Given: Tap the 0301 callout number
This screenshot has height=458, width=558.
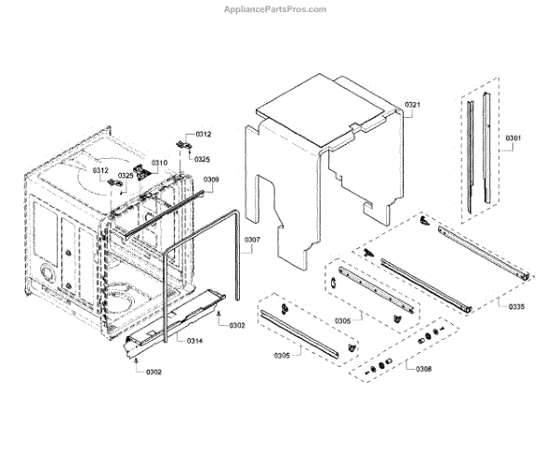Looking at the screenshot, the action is click(x=512, y=139).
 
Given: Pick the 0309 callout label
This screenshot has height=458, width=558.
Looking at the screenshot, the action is click(x=211, y=179).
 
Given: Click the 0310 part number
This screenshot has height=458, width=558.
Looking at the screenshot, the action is click(x=159, y=164).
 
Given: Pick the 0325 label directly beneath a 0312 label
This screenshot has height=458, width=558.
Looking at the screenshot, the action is click(x=202, y=160).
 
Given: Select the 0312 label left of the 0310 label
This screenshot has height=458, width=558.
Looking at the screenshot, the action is click(x=100, y=171).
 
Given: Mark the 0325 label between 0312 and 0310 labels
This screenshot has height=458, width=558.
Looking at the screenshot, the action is click(x=126, y=176).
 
